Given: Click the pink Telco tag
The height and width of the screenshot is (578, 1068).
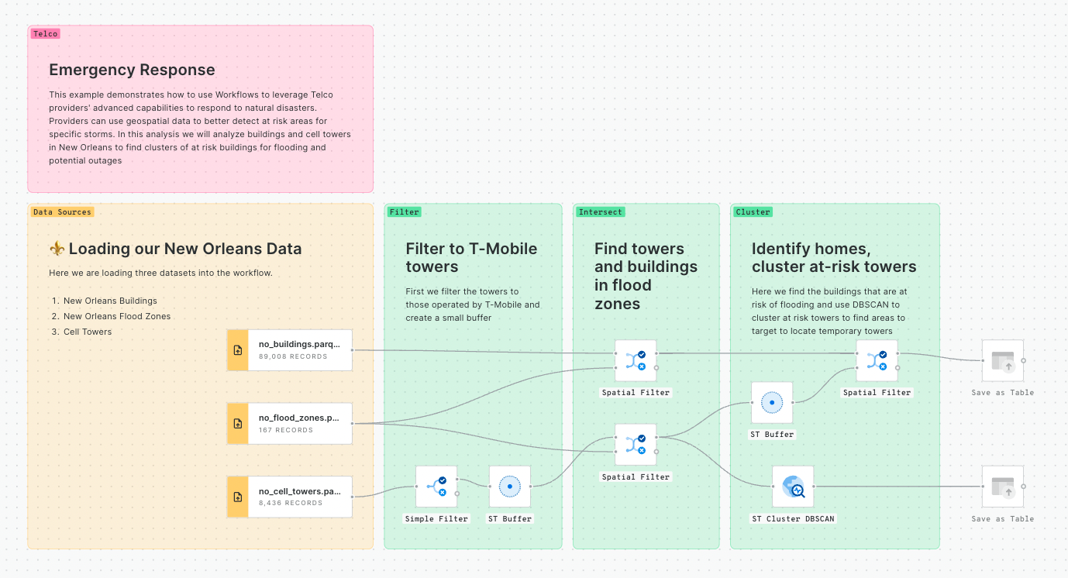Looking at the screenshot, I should [45, 34].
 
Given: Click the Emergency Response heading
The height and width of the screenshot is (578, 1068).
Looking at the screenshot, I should [132, 70].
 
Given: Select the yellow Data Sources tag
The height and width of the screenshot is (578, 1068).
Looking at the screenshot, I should [62, 212].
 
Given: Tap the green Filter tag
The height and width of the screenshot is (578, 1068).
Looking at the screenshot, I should [404, 212].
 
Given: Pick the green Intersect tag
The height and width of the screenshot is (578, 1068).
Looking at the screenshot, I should [601, 212].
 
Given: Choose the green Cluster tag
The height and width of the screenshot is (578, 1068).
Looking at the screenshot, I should [753, 212].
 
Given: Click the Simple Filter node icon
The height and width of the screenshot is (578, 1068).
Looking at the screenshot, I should [436, 487].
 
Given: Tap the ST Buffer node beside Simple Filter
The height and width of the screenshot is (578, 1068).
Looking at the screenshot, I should [510, 487].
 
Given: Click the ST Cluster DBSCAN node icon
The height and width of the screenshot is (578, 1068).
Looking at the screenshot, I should [793, 487].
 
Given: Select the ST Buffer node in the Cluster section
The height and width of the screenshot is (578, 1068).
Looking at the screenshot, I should [772, 403].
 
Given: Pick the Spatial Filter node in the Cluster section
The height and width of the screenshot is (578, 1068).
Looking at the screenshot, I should [877, 360].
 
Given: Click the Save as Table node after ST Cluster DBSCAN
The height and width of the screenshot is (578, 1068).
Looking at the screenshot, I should [1002, 487].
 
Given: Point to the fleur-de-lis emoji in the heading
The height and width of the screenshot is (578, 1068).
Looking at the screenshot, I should [57, 249].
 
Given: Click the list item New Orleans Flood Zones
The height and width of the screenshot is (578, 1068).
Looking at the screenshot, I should [117, 316].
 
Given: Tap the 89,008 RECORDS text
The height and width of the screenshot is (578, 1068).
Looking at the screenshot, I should [293, 357].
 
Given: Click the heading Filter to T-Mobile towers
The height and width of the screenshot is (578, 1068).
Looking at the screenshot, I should [471, 258].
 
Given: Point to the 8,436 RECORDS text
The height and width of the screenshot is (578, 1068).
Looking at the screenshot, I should [291, 504].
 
